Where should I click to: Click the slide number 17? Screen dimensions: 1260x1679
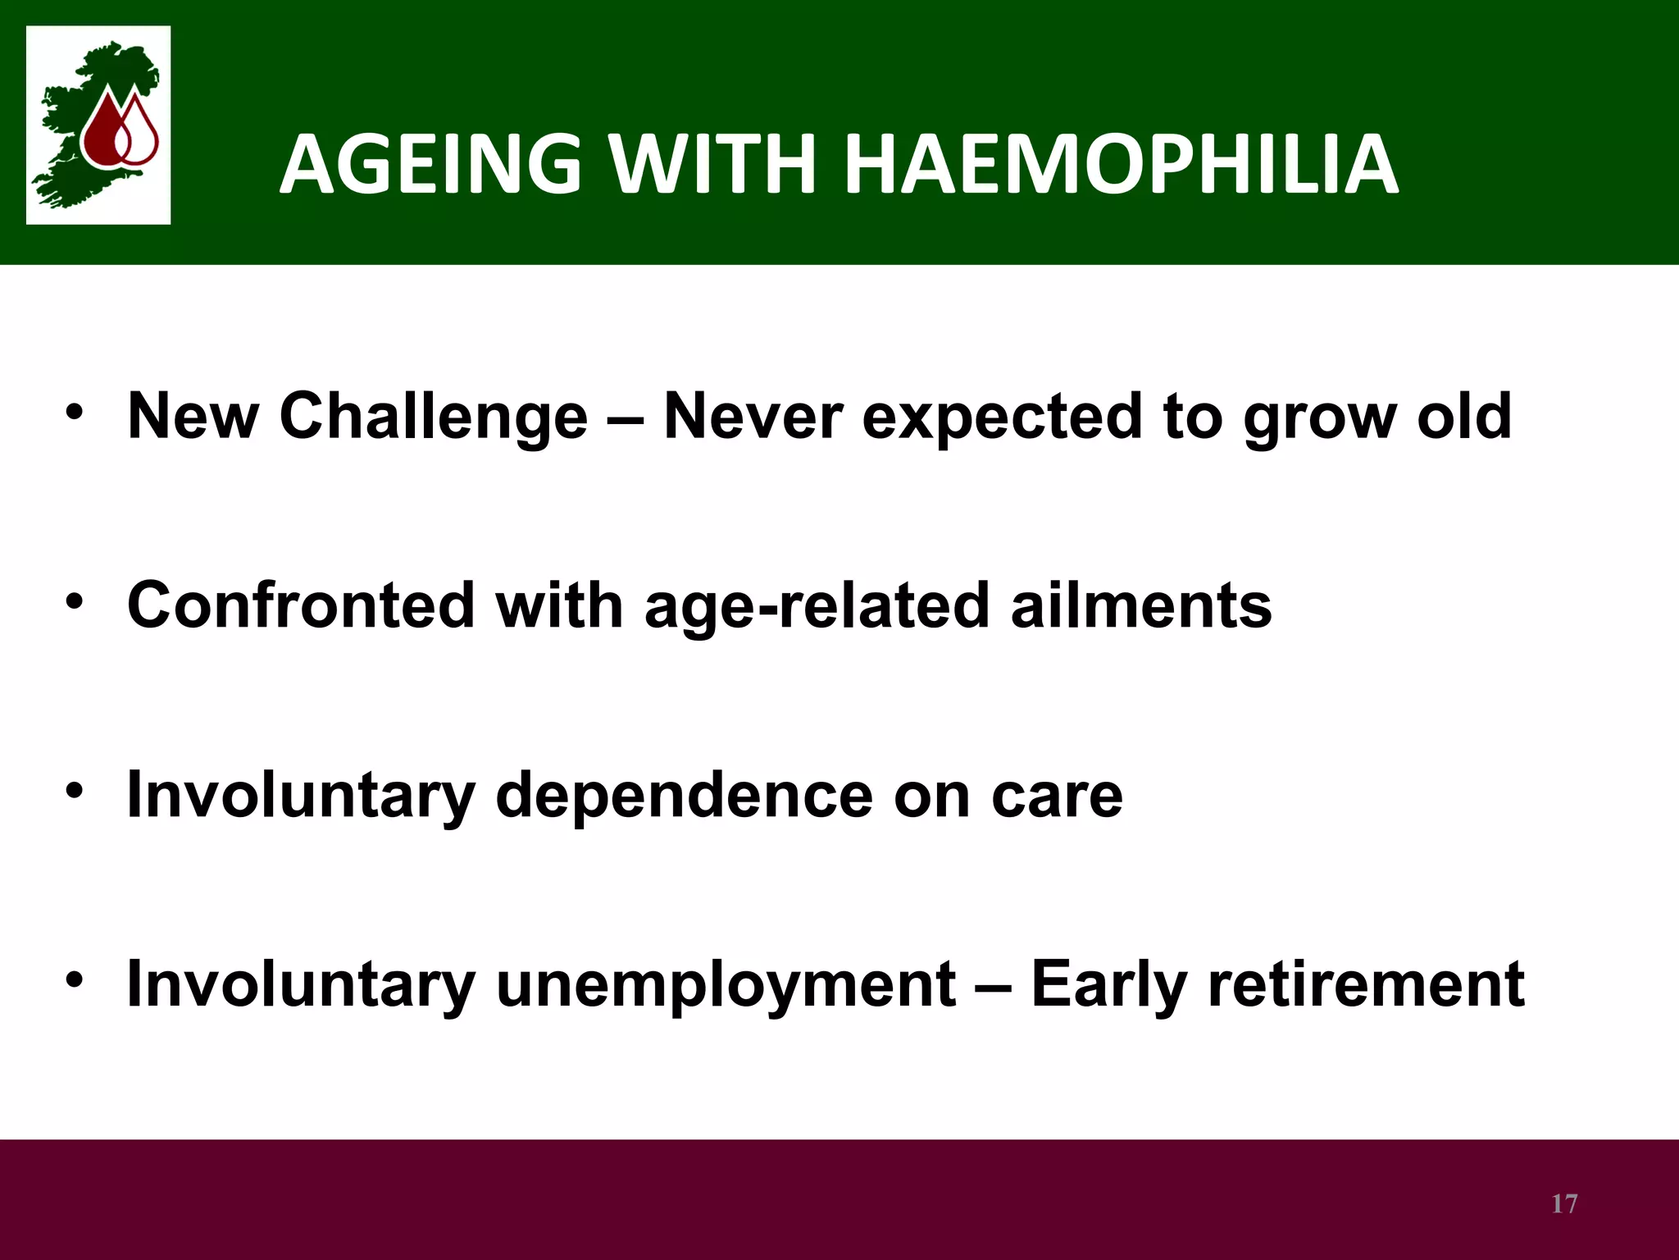(x=1564, y=1203)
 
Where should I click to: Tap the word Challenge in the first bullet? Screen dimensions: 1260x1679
(x=434, y=417)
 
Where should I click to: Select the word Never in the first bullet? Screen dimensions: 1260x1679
(x=753, y=417)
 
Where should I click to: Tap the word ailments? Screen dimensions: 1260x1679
(x=1141, y=605)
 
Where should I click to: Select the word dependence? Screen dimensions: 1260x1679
(x=685, y=796)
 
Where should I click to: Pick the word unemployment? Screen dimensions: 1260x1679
(x=726, y=985)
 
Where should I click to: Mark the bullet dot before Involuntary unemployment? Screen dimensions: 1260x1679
(x=75, y=979)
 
